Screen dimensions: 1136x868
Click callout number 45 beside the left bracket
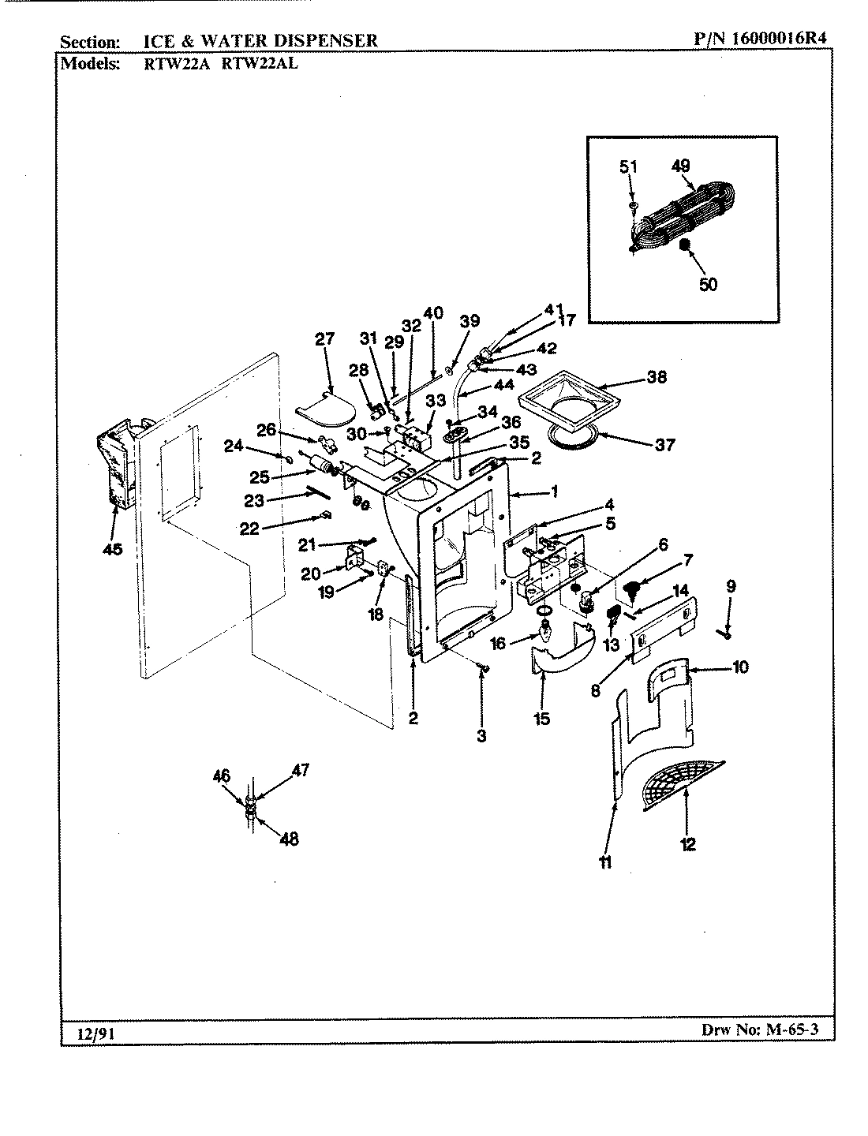113,550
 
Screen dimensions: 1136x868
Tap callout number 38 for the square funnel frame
656,377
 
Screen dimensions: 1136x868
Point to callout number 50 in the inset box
708,284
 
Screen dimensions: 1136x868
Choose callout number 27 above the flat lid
324,339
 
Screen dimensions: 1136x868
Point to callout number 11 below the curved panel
605,863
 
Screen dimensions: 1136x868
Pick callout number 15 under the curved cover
542,719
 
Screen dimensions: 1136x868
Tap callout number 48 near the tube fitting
290,839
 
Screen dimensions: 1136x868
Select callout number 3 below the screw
481,736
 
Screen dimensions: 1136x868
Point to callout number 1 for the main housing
554,492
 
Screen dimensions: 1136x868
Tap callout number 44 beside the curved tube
503,385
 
